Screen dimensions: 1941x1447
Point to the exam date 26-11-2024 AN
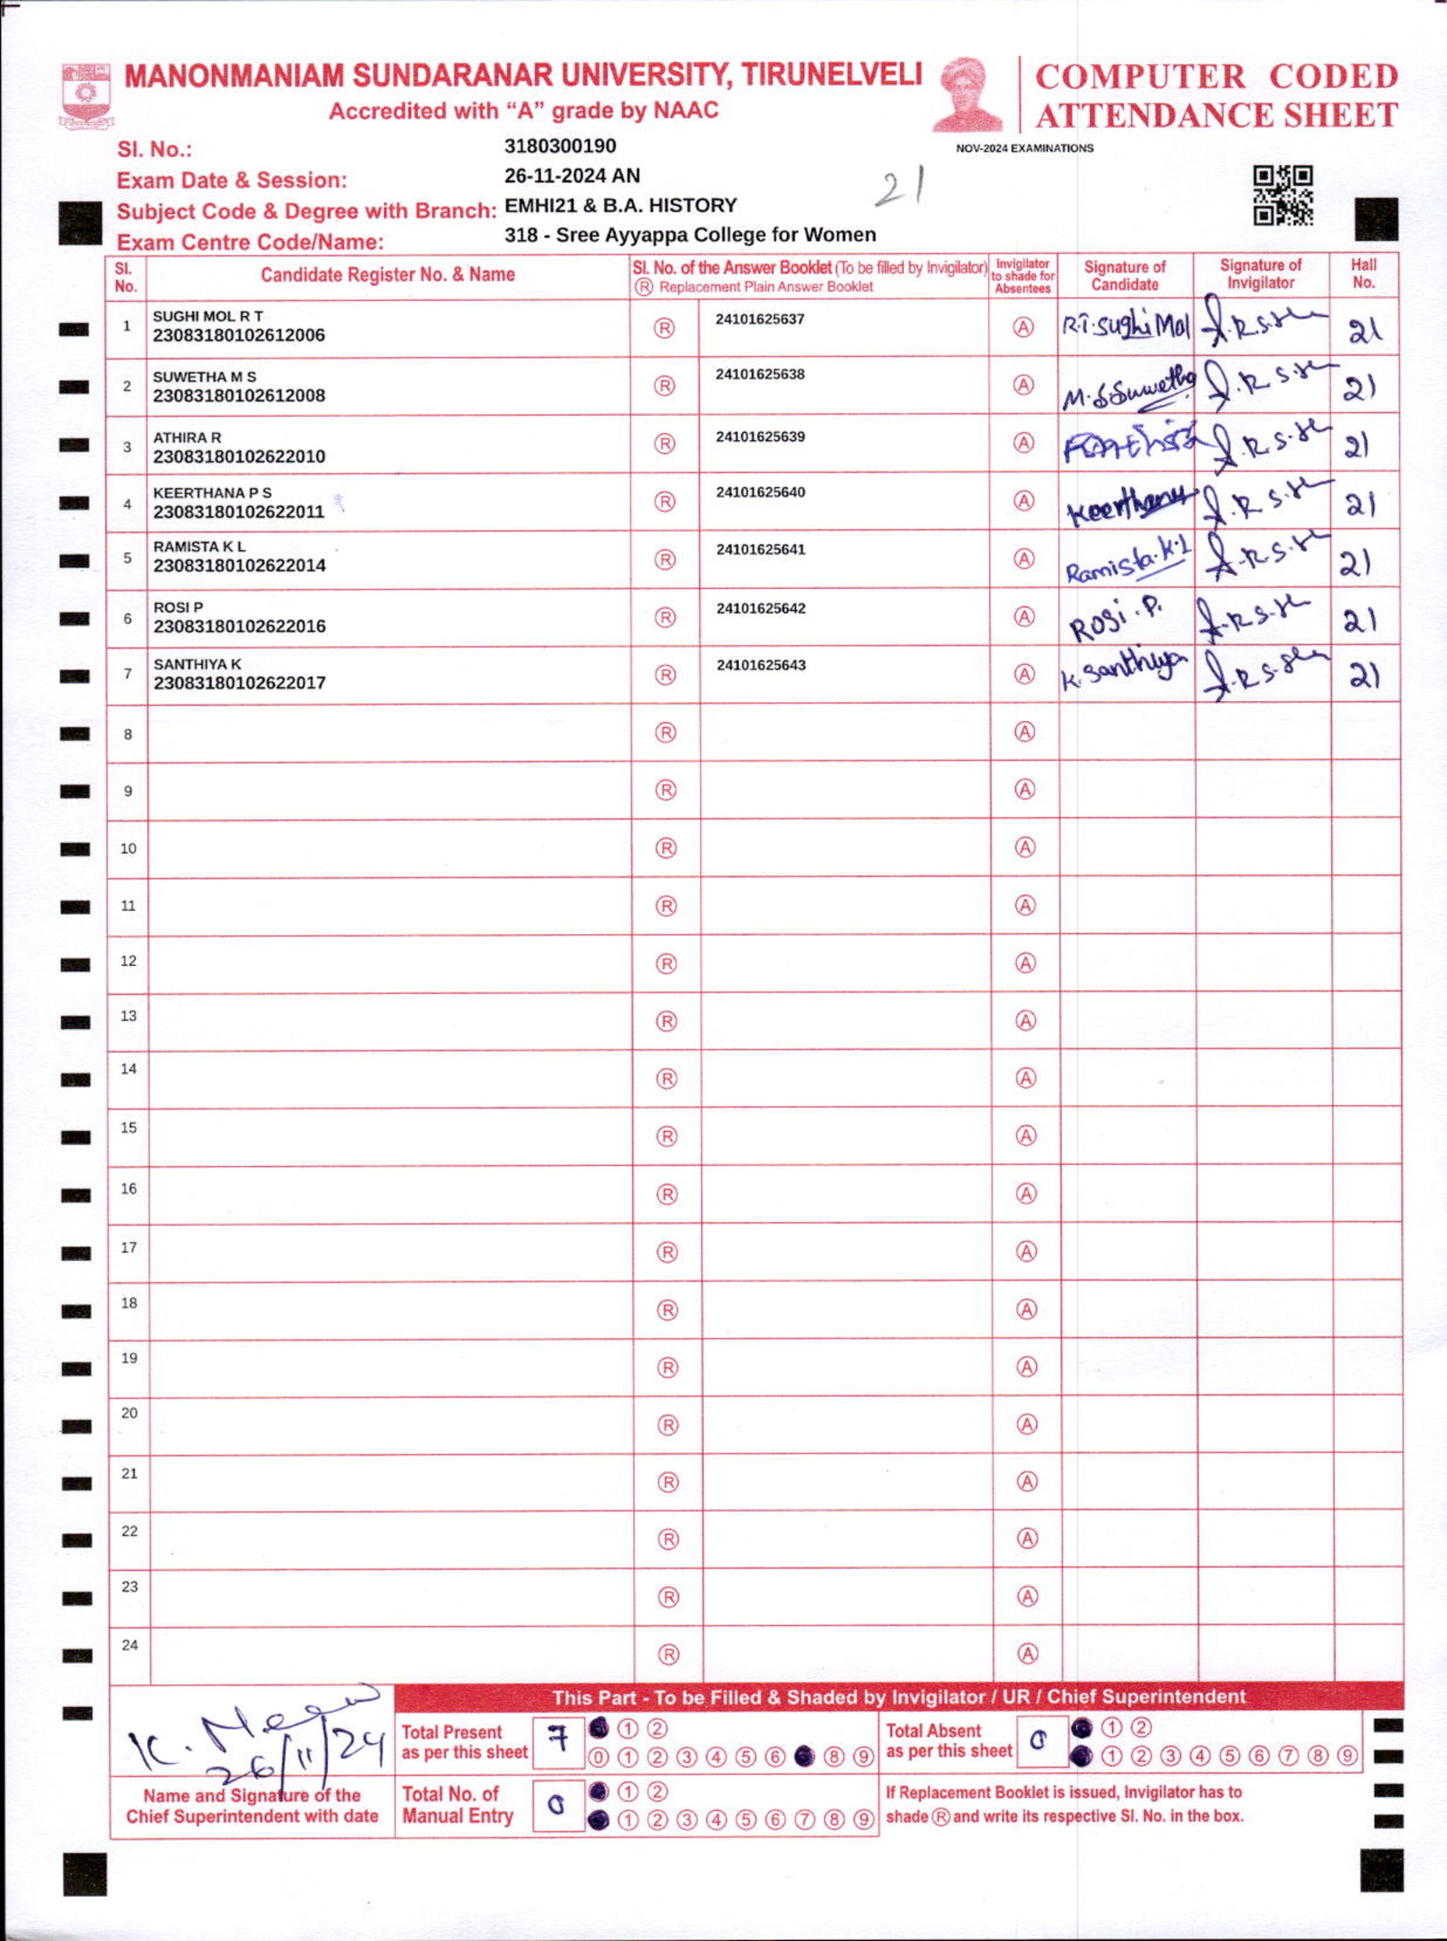[x=572, y=176]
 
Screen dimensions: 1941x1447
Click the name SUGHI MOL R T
[x=208, y=316]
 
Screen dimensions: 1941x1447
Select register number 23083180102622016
[x=239, y=626]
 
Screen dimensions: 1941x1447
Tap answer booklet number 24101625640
[x=760, y=492]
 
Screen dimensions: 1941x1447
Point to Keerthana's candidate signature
[x=1128, y=506]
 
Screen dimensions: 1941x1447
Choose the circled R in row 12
[x=667, y=963]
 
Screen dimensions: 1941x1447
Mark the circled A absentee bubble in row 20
[x=1027, y=1424]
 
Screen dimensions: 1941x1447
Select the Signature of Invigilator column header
[x=1260, y=274]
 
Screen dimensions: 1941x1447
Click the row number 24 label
[x=129, y=1645]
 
